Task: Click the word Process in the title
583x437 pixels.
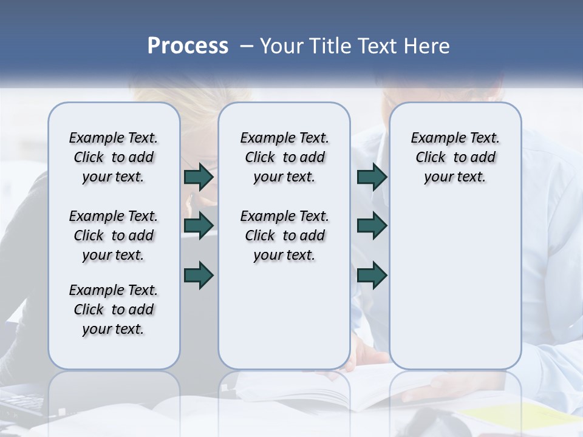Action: [188, 46]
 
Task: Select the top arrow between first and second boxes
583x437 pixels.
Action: [199, 177]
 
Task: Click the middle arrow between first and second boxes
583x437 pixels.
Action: [199, 226]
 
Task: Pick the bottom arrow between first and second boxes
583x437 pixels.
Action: [199, 275]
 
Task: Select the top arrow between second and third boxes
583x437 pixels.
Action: [372, 177]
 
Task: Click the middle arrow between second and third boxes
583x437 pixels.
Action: [372, 226]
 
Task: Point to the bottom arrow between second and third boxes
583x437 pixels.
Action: [372, 275]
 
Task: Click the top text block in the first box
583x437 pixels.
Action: [114, 157]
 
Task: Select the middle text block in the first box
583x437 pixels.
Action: [114, 235]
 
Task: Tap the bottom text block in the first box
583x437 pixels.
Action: [114, 310]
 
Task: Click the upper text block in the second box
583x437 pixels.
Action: [284, 157]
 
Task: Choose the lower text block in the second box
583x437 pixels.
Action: [284, 235]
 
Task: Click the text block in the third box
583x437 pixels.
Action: [455, 157]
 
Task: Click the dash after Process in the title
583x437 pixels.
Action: [247, 46]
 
